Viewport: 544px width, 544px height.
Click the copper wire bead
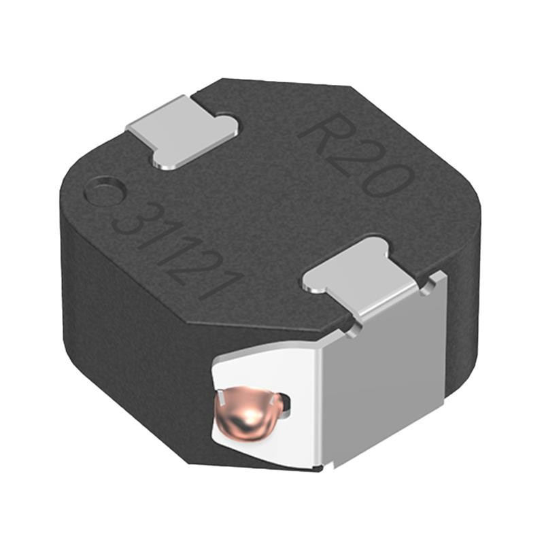click(x=249, y=414)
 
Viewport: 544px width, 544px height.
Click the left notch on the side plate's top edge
click(x=352, y=332)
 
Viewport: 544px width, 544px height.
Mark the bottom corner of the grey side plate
click(x=335, y=466)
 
